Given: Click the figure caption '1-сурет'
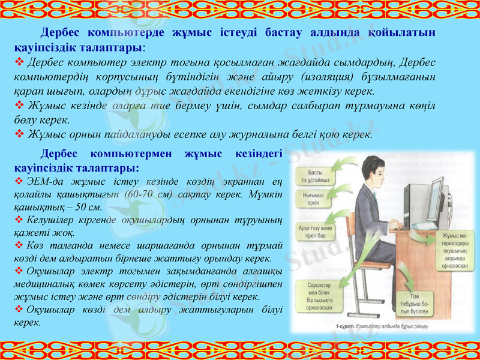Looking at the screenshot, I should (x=343, y=327).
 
